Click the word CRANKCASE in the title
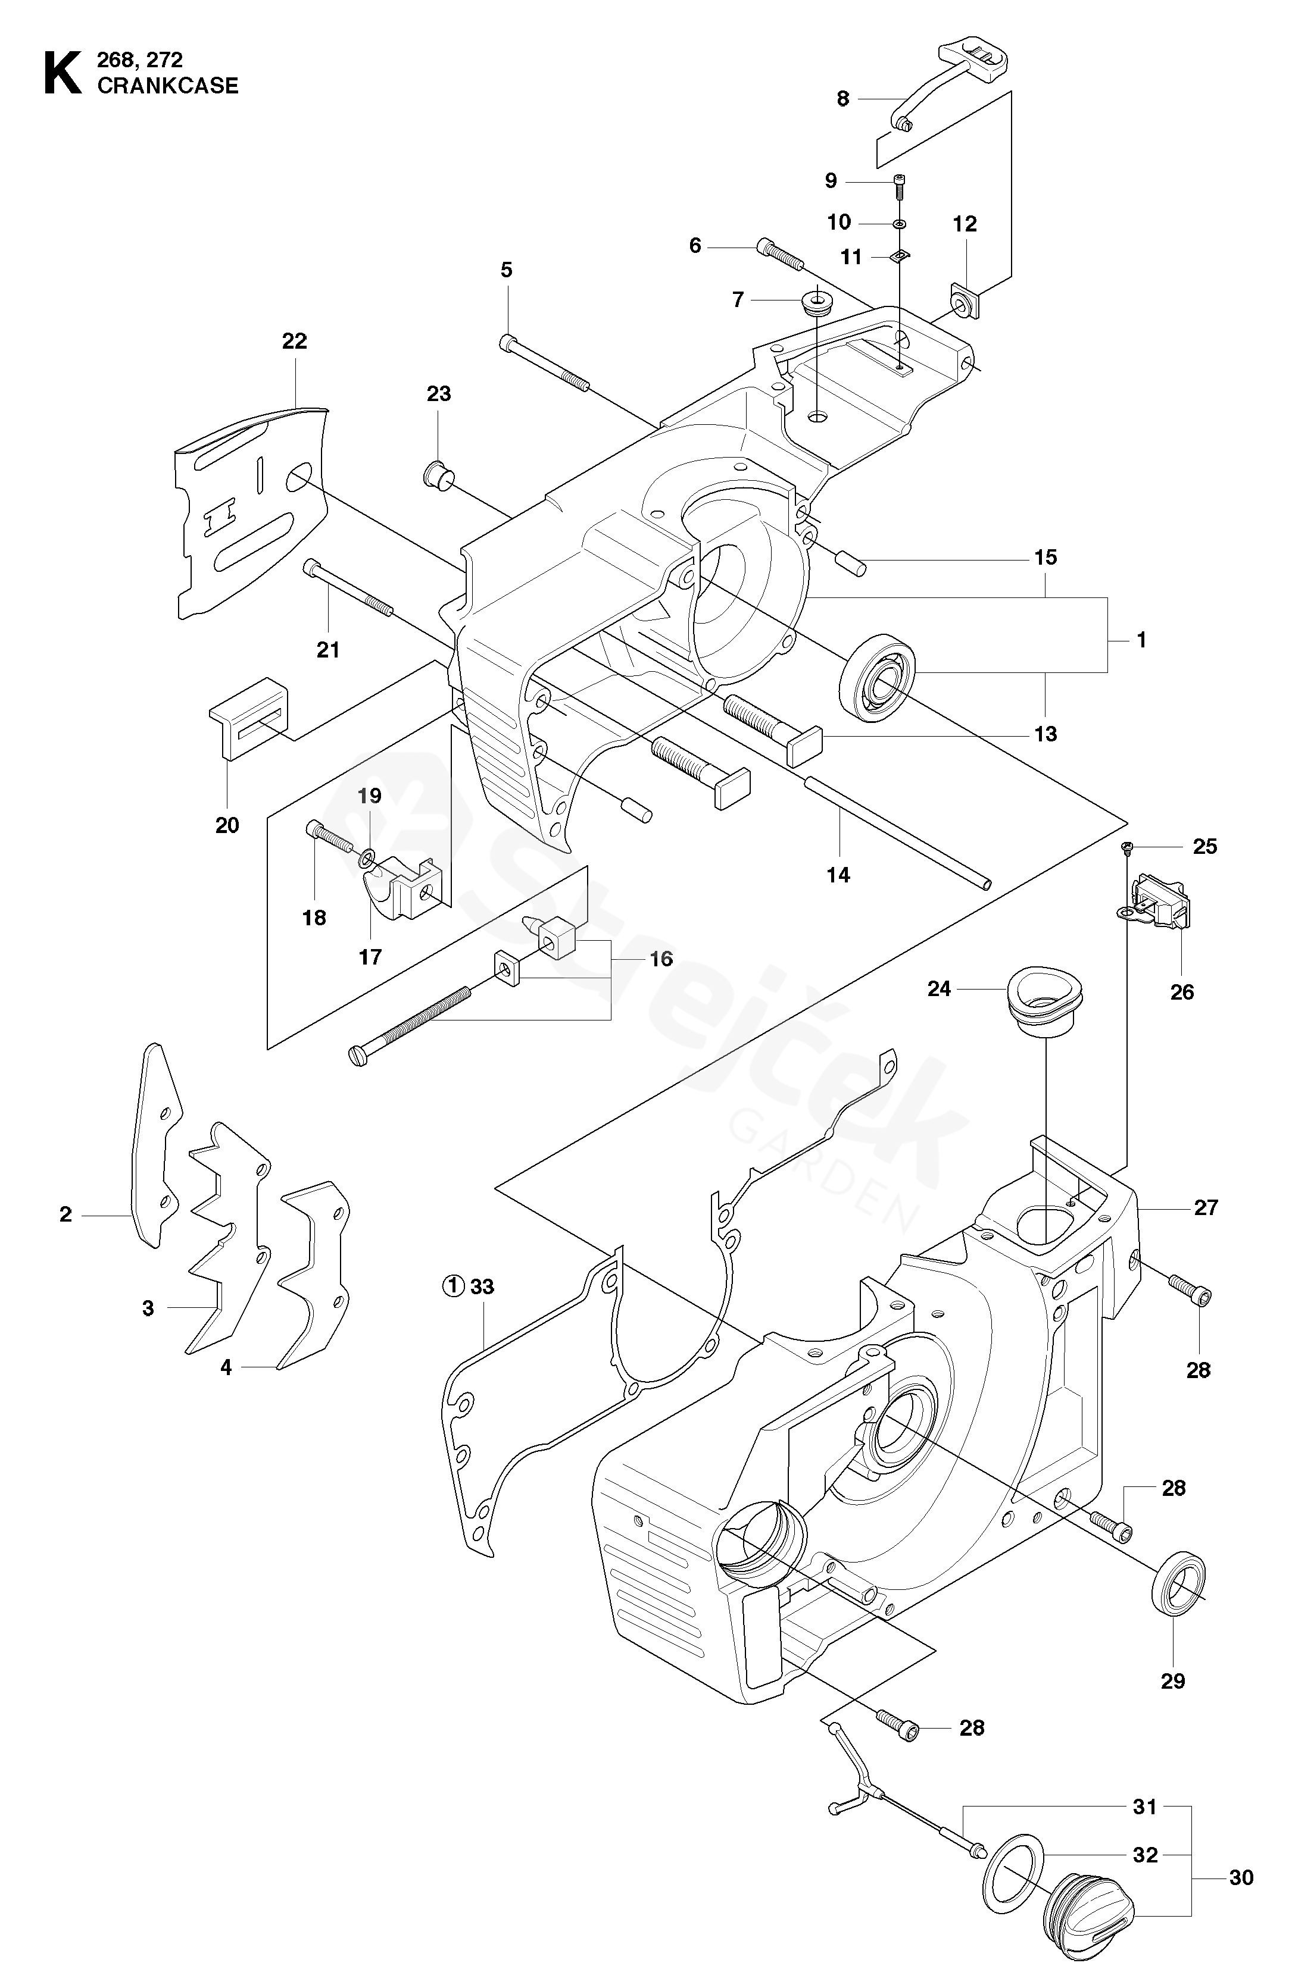168,85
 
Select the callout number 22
294,341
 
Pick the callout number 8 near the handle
842,99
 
